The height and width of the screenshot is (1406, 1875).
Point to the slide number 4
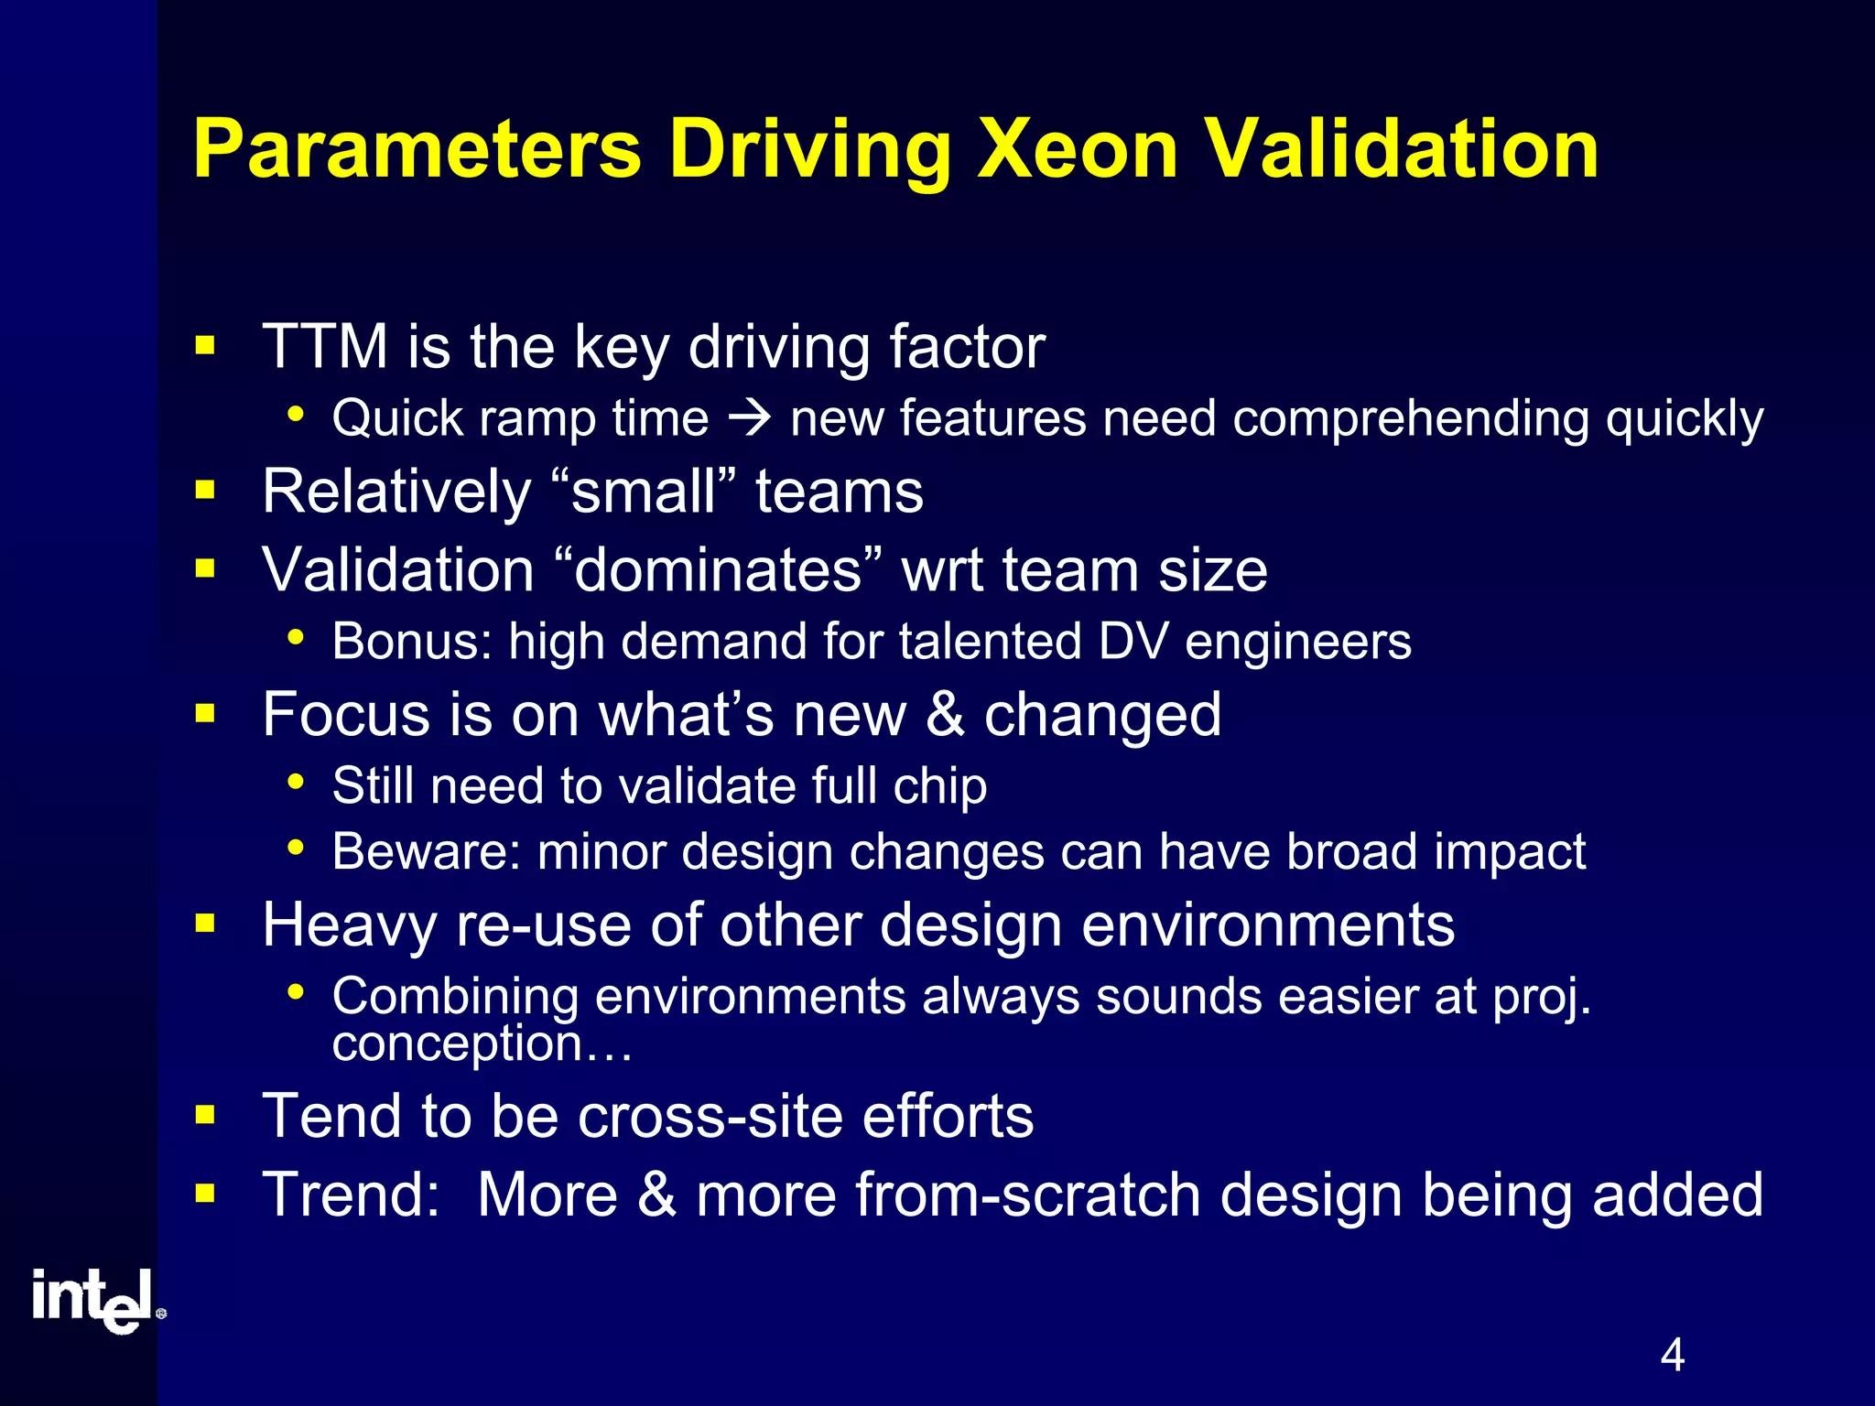1672,1355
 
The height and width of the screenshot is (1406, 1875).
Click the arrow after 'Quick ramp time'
750,419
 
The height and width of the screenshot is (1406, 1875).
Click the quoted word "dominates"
719,570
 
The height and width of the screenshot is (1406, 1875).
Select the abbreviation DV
1133,641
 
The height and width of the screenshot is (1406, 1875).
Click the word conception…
482,1044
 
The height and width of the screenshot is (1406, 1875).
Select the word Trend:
352,1195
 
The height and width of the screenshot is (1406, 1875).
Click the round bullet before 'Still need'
295,783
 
